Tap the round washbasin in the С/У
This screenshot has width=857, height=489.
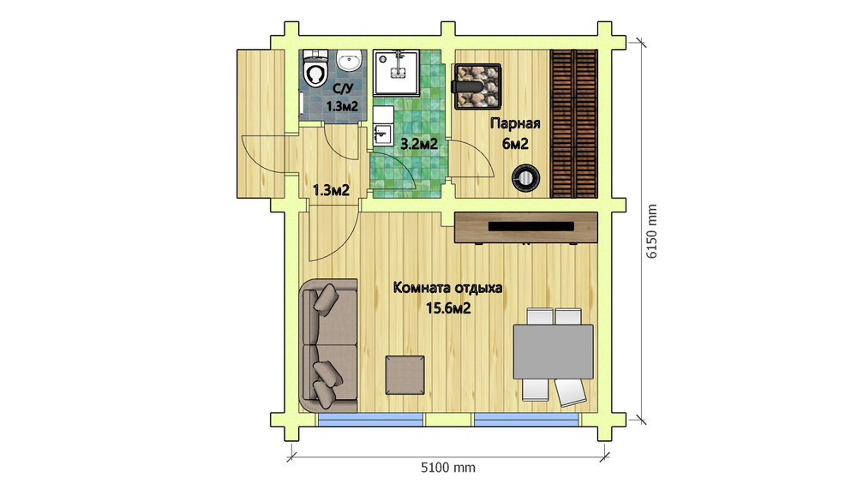coord(349,60)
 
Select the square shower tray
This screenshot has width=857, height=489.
coord(396,73)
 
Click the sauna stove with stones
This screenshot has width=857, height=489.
coord(477,86)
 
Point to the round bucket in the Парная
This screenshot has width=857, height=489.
coord(525,177)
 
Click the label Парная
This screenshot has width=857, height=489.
coord(515,123)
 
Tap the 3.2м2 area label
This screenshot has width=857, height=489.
coord(419,144)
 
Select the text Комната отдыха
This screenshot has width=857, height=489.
coord(447,288)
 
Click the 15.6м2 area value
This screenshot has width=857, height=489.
coord(448,308)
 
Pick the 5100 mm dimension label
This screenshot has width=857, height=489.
coord(448,468)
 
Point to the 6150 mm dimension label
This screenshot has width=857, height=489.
coord(651,231)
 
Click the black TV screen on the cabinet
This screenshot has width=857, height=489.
coord(531,226)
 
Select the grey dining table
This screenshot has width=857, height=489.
coord(553,352)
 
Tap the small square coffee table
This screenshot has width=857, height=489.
coord(405,375)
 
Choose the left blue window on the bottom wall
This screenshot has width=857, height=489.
coord(370,420)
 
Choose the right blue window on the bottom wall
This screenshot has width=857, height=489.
coord(526,420)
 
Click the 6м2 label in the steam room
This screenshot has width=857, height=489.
coord(515,144)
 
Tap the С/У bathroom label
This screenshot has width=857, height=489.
coord(343,88)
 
